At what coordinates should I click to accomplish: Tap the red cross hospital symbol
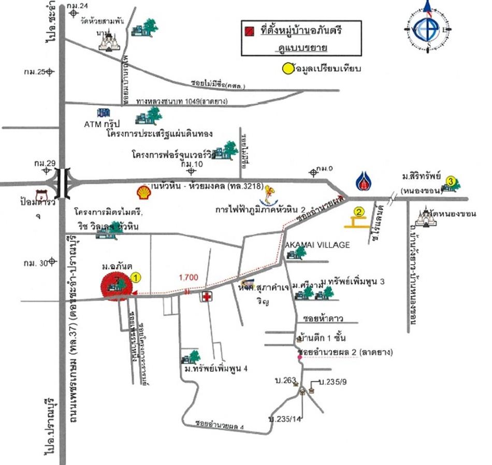[x=207, y=297]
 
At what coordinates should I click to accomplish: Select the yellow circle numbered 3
[x=452, y=181]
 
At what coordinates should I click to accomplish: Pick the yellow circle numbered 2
[x=358, y=211]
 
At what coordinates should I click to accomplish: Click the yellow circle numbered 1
[x=136, y=278]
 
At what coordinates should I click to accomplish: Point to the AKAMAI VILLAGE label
[x=317, y=245]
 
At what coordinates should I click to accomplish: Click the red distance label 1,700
[x=189, y=278]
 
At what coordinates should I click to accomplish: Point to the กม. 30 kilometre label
[x=34, y=263]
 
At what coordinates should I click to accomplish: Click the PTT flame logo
[x=363, y=181]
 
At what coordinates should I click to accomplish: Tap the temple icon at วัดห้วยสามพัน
[x=110, y=41]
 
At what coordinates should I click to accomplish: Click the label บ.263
[x=284, y=382]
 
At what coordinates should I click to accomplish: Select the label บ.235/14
[x=281, y=417]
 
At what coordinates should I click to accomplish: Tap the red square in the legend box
[x=251, y=32]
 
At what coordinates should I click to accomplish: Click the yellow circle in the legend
[x=287, y=68]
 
